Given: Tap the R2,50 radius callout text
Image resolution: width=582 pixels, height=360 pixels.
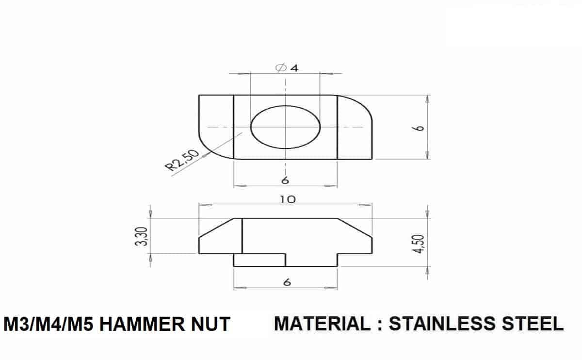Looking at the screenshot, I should point(182,160).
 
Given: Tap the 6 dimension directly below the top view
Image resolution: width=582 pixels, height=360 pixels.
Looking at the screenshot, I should point(285,180).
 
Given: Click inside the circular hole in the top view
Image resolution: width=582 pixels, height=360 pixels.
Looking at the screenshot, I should point(285,127).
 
